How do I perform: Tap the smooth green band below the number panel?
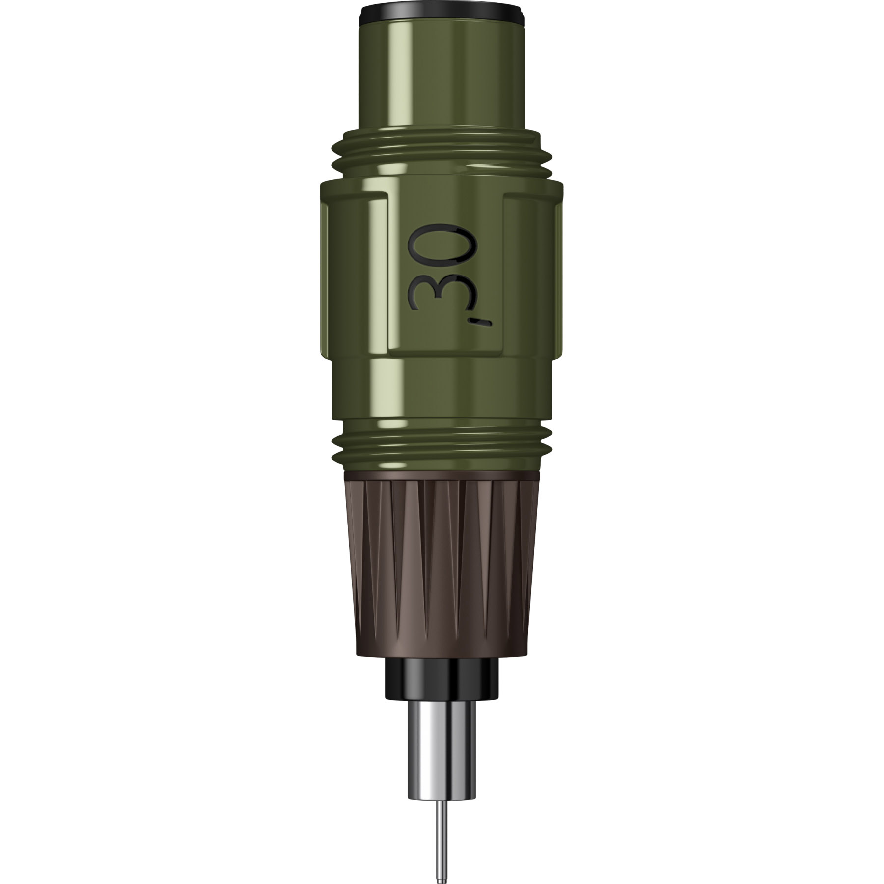[x=442, y=388]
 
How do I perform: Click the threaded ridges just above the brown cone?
[x=442, y=444]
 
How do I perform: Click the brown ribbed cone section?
[x=442, y=565]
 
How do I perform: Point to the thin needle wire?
[x=442, y=810]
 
